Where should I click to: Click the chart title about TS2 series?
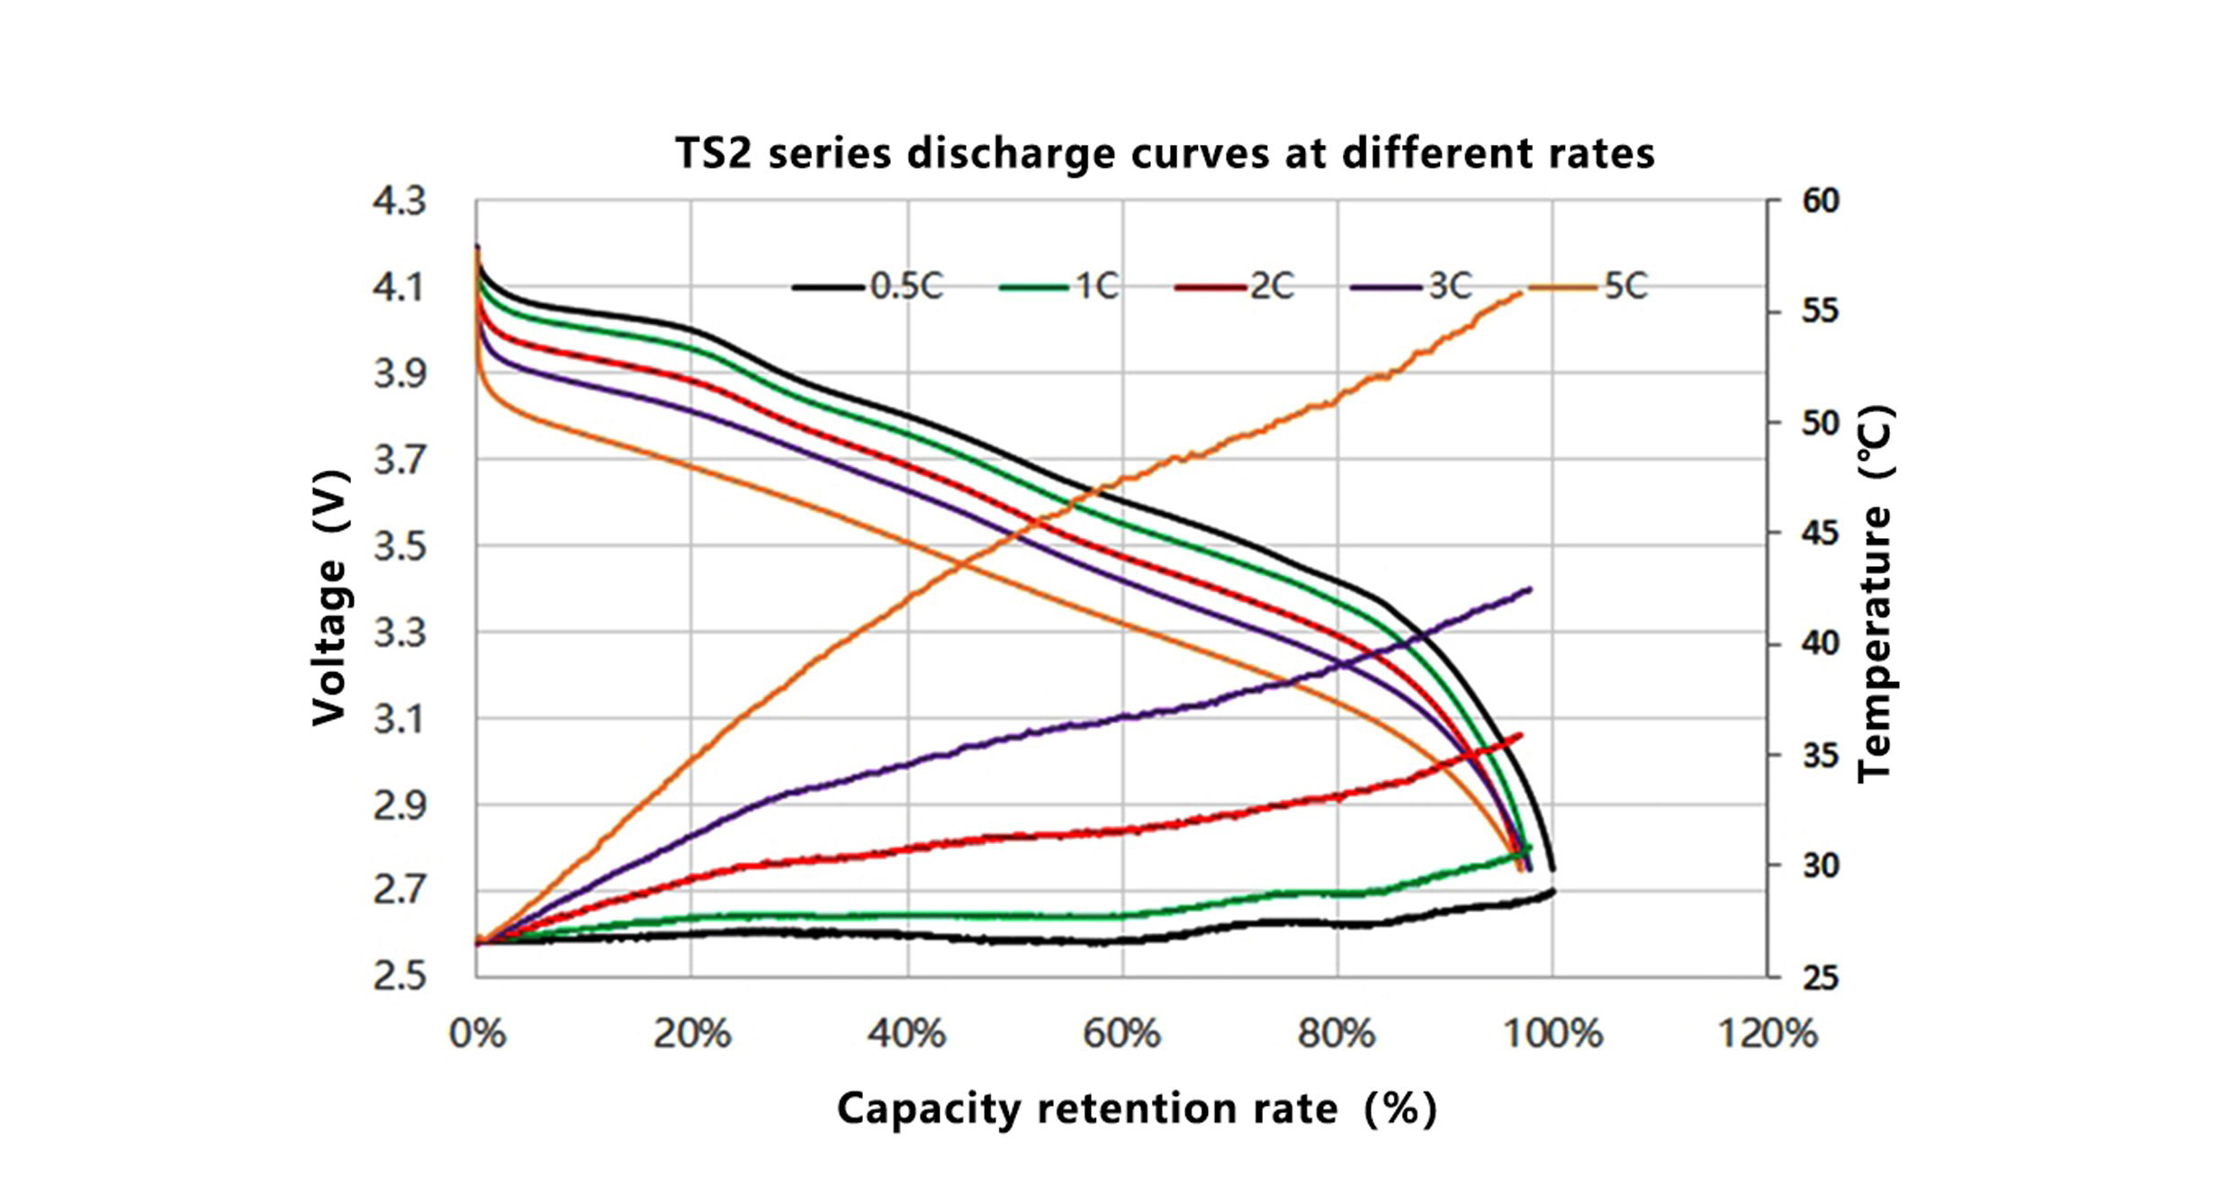[x=1165, y=153]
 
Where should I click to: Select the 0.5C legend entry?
[x=869, y=287]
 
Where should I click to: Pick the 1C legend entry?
[x=1060, y=287]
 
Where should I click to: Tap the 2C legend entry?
[x=1235, y=287]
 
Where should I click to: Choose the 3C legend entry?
[x=1412, y=287]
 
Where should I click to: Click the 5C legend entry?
[x=1589, y=287]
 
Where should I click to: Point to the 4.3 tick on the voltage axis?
[x=400, y=201]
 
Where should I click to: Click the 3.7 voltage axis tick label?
[x=400, y=460]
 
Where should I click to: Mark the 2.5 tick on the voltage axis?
[x=400, y=976]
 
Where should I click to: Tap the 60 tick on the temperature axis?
[x=1820, y=201]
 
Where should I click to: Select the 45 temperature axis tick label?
[x=1820, y=534]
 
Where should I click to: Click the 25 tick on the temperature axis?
[x=1820, y=977]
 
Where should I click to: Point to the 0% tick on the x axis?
[x=477, y=1034]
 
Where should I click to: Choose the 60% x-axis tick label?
[x=1121, y=1034]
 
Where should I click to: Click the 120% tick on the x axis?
[x=1768, y=1034]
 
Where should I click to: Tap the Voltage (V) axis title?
[x=329, y=597]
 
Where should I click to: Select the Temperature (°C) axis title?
[x=1876, y=594]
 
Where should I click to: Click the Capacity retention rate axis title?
[x=1136, y=1109]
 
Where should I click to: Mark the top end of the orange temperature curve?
[x=1521, y=292]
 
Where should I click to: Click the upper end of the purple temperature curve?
[x=1530, y=589]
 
